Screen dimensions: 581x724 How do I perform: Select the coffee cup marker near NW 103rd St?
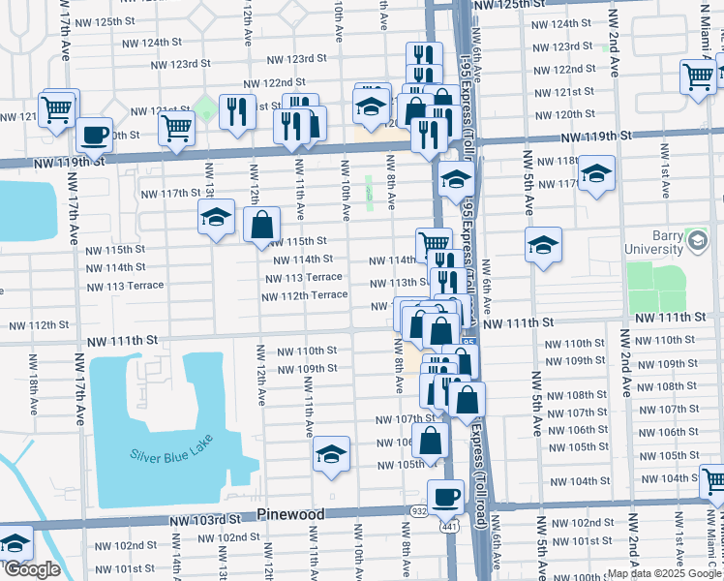445,497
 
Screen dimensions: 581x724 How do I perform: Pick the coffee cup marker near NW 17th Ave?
94,135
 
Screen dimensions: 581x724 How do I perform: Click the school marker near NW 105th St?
331,454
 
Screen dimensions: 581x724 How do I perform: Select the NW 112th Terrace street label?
304,294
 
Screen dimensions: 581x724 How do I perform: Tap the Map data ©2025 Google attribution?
663,573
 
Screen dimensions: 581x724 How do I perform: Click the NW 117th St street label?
169,194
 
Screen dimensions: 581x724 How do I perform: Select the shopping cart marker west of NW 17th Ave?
58,107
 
